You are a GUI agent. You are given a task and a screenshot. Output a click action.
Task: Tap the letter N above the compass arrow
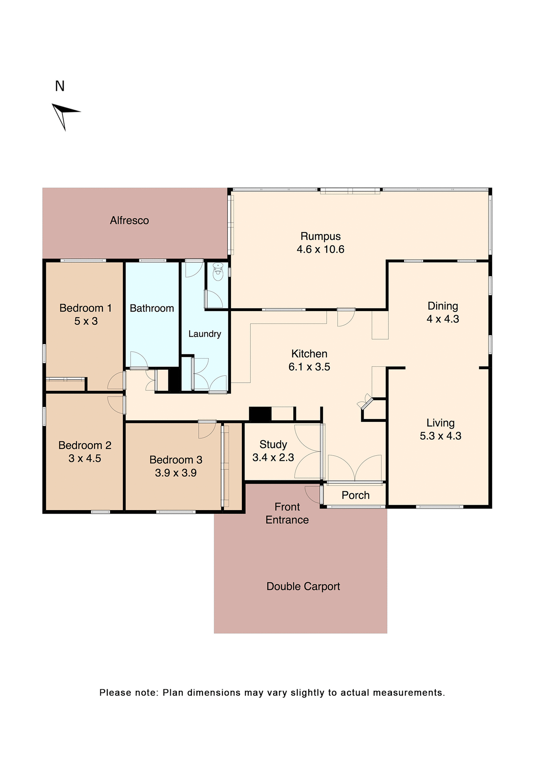click(60, 86)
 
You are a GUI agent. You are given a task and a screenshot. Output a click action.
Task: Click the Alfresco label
click(129, 220)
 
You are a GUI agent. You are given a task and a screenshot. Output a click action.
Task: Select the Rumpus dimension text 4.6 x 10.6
click(320, 249)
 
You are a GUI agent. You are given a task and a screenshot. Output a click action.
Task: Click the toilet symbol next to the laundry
click(218, 272)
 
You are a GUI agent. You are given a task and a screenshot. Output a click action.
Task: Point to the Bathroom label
click(152, 308)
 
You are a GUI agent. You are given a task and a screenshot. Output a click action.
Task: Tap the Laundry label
click(204, 334)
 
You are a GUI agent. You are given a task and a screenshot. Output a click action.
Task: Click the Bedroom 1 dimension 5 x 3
click(86, 321)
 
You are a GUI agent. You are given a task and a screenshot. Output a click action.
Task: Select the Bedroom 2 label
click(84, 445)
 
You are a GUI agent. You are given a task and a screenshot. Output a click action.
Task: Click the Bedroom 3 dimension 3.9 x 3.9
click(176, 473)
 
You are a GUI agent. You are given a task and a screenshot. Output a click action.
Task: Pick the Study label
click(273, 444)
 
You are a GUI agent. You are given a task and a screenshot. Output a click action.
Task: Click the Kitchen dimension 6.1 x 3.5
click(309, 367)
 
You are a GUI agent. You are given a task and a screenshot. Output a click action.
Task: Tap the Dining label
click(443, 306)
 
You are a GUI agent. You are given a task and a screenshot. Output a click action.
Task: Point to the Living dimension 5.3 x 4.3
click(440, 436)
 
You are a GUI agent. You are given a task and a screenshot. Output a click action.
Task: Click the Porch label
click(355, 495)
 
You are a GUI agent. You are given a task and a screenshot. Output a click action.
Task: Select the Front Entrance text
click(287, 513)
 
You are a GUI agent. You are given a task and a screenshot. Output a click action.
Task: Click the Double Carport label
click(303, 587)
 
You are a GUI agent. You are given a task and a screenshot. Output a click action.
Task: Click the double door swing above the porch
click(355, 469)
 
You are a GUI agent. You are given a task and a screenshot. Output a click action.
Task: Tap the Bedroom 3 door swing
click(207, 430)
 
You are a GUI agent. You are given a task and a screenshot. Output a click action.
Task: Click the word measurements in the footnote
click(409, 693)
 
